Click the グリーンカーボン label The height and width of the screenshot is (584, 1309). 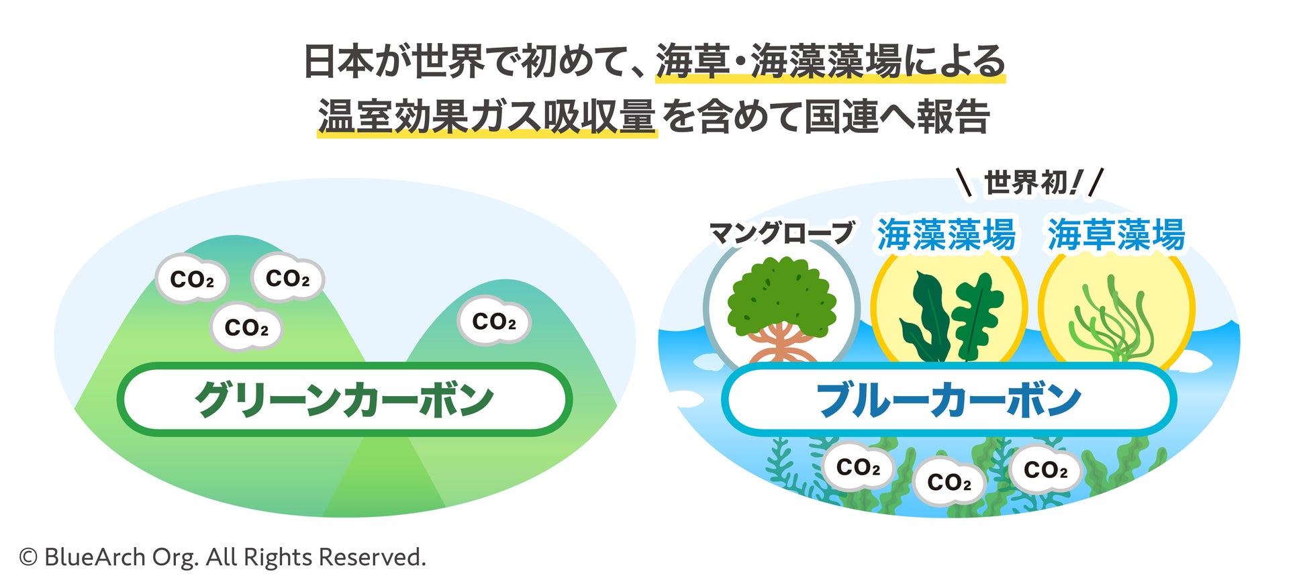(x=344, y=400)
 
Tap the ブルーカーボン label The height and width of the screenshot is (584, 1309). (x=948, y=400)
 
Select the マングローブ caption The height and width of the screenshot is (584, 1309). (x=781, y=233)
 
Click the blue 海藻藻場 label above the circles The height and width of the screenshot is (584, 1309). (x=946, y=234)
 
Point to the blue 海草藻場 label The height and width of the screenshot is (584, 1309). (x=1116, y=234)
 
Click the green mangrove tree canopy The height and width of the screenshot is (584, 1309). (x=782, y=295)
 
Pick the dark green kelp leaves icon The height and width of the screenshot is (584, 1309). (x=950, y=315)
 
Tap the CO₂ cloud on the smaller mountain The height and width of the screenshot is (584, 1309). (x=494, y=322)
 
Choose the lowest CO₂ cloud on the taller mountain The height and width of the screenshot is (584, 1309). (x=246, y=328)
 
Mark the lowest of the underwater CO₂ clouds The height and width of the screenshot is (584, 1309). (x=949, y=482)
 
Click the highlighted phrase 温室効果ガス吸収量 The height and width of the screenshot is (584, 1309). (x=486, y=116)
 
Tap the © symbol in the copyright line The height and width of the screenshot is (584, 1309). (x=28, y=557)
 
